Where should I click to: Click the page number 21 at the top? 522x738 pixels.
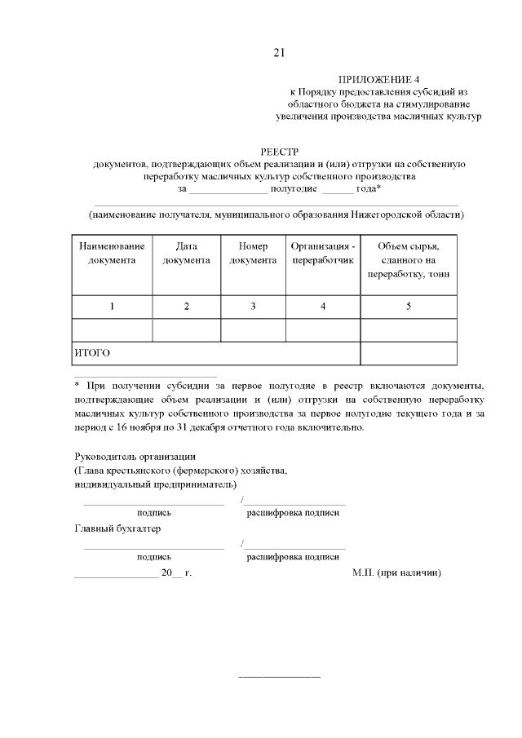(279, 54)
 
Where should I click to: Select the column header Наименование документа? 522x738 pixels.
(113, 253)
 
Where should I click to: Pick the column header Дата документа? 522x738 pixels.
(187, 253)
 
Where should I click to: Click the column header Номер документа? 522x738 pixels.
(253, 253)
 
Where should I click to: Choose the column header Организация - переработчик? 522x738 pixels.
(323, 253)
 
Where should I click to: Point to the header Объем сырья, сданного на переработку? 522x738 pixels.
(408, 260)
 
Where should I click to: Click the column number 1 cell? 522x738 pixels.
(113, 306)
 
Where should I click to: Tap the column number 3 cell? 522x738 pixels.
(253, 306)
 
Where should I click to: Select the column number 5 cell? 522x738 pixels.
(408, 306)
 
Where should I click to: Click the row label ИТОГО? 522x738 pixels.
(92, 353)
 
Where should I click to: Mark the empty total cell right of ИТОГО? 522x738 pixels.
(408, 353)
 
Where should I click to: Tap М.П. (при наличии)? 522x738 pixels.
(397, 573)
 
